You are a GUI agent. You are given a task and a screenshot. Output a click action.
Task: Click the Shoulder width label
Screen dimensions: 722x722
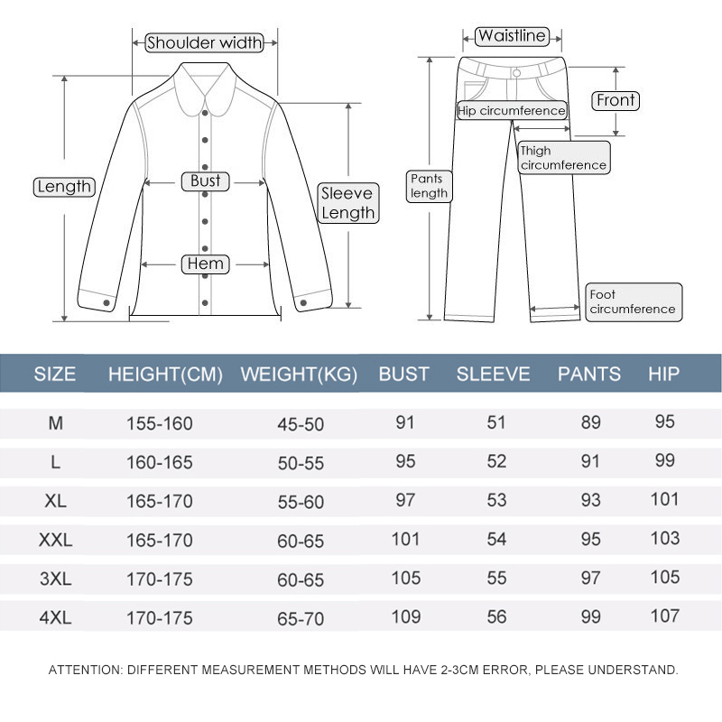click(x=205, y=42)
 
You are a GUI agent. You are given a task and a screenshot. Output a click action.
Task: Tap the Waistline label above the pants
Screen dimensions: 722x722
click(x=512, y=36)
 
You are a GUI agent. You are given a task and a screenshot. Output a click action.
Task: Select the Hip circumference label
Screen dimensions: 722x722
click(x=512, y=111)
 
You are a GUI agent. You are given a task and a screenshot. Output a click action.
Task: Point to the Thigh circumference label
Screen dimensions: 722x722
click(x=564, y=157)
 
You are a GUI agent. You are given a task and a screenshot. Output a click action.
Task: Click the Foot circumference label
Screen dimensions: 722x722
click(x=634, y=302)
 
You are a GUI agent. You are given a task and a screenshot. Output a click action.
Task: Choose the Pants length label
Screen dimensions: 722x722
click(x=430, y=186)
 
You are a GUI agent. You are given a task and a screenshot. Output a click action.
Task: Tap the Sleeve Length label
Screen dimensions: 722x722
click(x=348, y=203)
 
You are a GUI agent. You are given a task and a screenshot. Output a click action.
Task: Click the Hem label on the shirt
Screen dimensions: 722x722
click(x=206, y=264)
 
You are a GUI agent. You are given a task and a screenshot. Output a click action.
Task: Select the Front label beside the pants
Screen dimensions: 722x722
click(x=616, y=100)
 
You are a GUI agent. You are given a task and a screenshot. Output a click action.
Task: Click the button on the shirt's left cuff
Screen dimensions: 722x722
click(x=106, y=302)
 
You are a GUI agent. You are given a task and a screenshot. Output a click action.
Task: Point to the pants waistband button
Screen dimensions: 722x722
click(x=516, y=73)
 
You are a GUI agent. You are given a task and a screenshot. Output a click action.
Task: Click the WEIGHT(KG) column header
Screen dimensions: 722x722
click(x=299, y=374)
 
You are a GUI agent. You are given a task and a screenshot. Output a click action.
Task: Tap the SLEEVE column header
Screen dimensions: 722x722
click(x=493, y=374)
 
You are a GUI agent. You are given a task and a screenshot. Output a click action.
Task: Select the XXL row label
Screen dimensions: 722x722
click(x=56, y=540)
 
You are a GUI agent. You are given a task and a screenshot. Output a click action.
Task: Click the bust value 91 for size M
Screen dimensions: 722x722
click(x=405, y=422)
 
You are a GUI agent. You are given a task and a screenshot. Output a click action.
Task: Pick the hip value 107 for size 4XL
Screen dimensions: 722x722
click(x=665, y=616)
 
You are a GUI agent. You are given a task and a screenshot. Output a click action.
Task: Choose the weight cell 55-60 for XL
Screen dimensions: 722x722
click(x=301, y=502)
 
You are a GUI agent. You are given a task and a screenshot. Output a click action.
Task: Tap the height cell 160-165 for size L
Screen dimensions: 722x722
click(x=160, y=462)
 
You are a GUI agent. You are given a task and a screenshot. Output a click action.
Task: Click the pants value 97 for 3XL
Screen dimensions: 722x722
click(x=591, y=578)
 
